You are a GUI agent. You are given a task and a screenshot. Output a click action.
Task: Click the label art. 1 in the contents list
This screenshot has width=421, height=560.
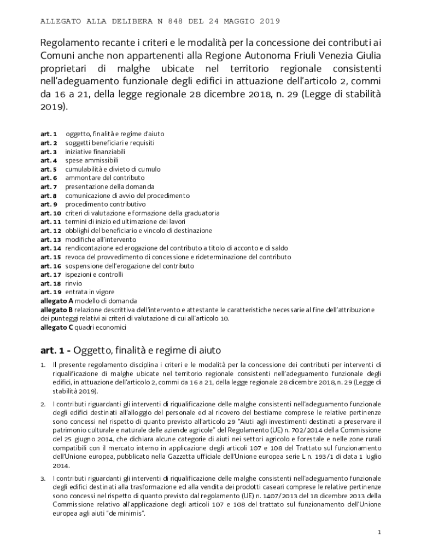point(49,133)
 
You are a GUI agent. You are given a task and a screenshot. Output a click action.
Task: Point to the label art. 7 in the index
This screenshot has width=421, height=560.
point(49,186)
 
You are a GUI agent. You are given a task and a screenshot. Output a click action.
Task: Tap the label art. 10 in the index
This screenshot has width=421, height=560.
point(51,213)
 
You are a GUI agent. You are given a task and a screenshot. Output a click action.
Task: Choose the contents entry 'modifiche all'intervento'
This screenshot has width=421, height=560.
point(101,240)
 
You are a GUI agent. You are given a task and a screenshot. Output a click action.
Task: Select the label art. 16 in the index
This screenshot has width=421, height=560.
point(51,266)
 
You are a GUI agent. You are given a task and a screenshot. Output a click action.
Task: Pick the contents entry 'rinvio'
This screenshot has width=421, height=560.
point(74,283)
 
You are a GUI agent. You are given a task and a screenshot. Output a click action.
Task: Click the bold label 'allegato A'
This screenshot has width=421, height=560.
point(57,301)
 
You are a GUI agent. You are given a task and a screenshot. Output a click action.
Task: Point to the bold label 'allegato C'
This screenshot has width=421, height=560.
point(57,328)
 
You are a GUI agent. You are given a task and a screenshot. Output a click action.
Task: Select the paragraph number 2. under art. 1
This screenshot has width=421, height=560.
point(43,404)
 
